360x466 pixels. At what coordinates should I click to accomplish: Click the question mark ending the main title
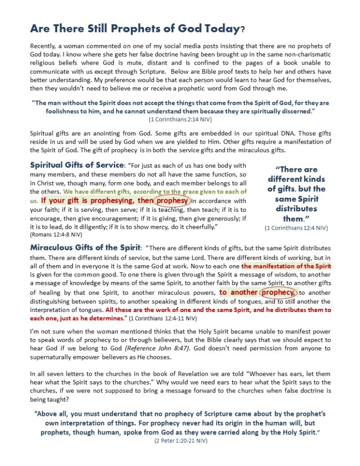[243, 30]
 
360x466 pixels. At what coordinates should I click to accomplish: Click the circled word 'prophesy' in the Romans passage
[172, 200]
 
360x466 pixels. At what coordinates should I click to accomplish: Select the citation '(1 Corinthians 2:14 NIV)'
[180, 119]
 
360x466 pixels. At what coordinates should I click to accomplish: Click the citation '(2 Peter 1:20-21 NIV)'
[180, 441]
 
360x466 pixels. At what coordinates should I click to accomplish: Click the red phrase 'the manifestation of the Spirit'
[286, 266]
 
